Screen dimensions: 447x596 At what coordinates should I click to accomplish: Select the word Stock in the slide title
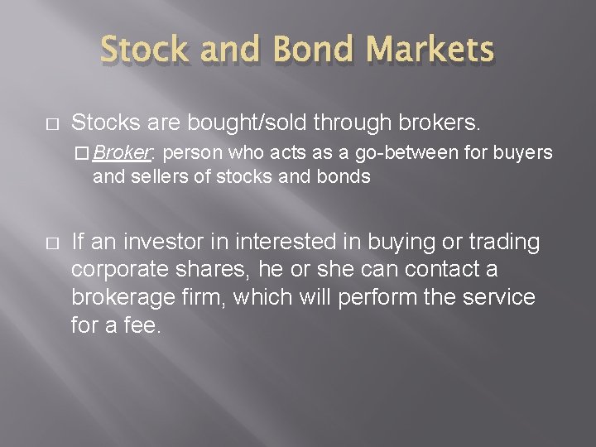click(144, 51)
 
